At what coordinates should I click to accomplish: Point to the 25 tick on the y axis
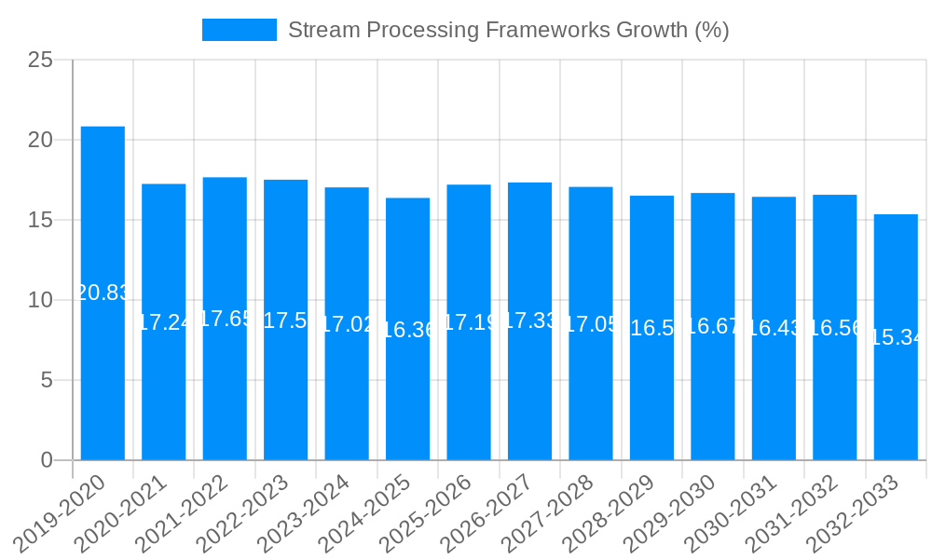pyautogui.click(x=40, y=61)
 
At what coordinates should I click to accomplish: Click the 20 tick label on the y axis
pyautogui.click(x=40, y=141)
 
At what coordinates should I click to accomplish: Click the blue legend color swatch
pyautogui.click(x=240, y=30)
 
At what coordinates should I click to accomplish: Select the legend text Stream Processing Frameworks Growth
pyautogui.click(x=508, y=30)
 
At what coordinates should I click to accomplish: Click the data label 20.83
pyautogui.click(x=103, y=293)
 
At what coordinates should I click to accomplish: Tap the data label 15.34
pyautogui.click(x=896, y=337)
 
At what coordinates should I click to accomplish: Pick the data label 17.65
pyautogui.click(x=225, y=319)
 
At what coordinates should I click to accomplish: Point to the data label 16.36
pyautogui.click(x=407, y=330)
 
